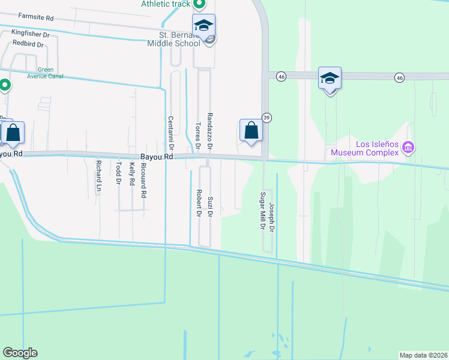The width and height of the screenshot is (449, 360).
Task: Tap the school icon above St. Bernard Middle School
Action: tap(203, 25)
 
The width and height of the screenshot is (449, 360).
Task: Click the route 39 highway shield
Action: tap(267, 118)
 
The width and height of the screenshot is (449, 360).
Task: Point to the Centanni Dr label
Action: tap(170, 132)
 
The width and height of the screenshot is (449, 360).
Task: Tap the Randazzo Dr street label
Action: tap(210, 130)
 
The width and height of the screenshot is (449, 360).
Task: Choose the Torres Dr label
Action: tap(197, 136)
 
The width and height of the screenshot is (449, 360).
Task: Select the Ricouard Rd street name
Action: tap(143, 180)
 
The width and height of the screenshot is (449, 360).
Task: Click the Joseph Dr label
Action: tap(271, 218)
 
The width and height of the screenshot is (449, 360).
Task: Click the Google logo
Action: tap(20, 353)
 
